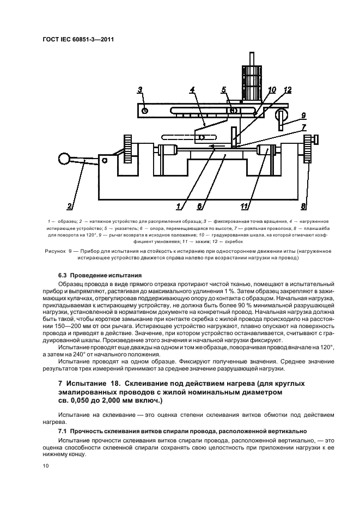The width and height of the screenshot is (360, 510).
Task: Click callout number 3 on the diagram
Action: click(140, 90)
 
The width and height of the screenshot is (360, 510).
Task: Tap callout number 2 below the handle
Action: click(70, 206)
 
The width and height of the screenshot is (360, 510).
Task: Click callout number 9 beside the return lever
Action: click(303, 115)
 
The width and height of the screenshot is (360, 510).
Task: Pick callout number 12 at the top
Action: click(288, 90)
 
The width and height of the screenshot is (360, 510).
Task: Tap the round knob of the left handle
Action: click(64, 159)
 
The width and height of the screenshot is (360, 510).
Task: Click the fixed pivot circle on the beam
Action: click(145, 111)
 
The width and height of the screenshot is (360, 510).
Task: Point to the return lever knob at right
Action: click(282, 116)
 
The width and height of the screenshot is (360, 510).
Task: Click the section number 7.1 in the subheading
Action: click(64, 430)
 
